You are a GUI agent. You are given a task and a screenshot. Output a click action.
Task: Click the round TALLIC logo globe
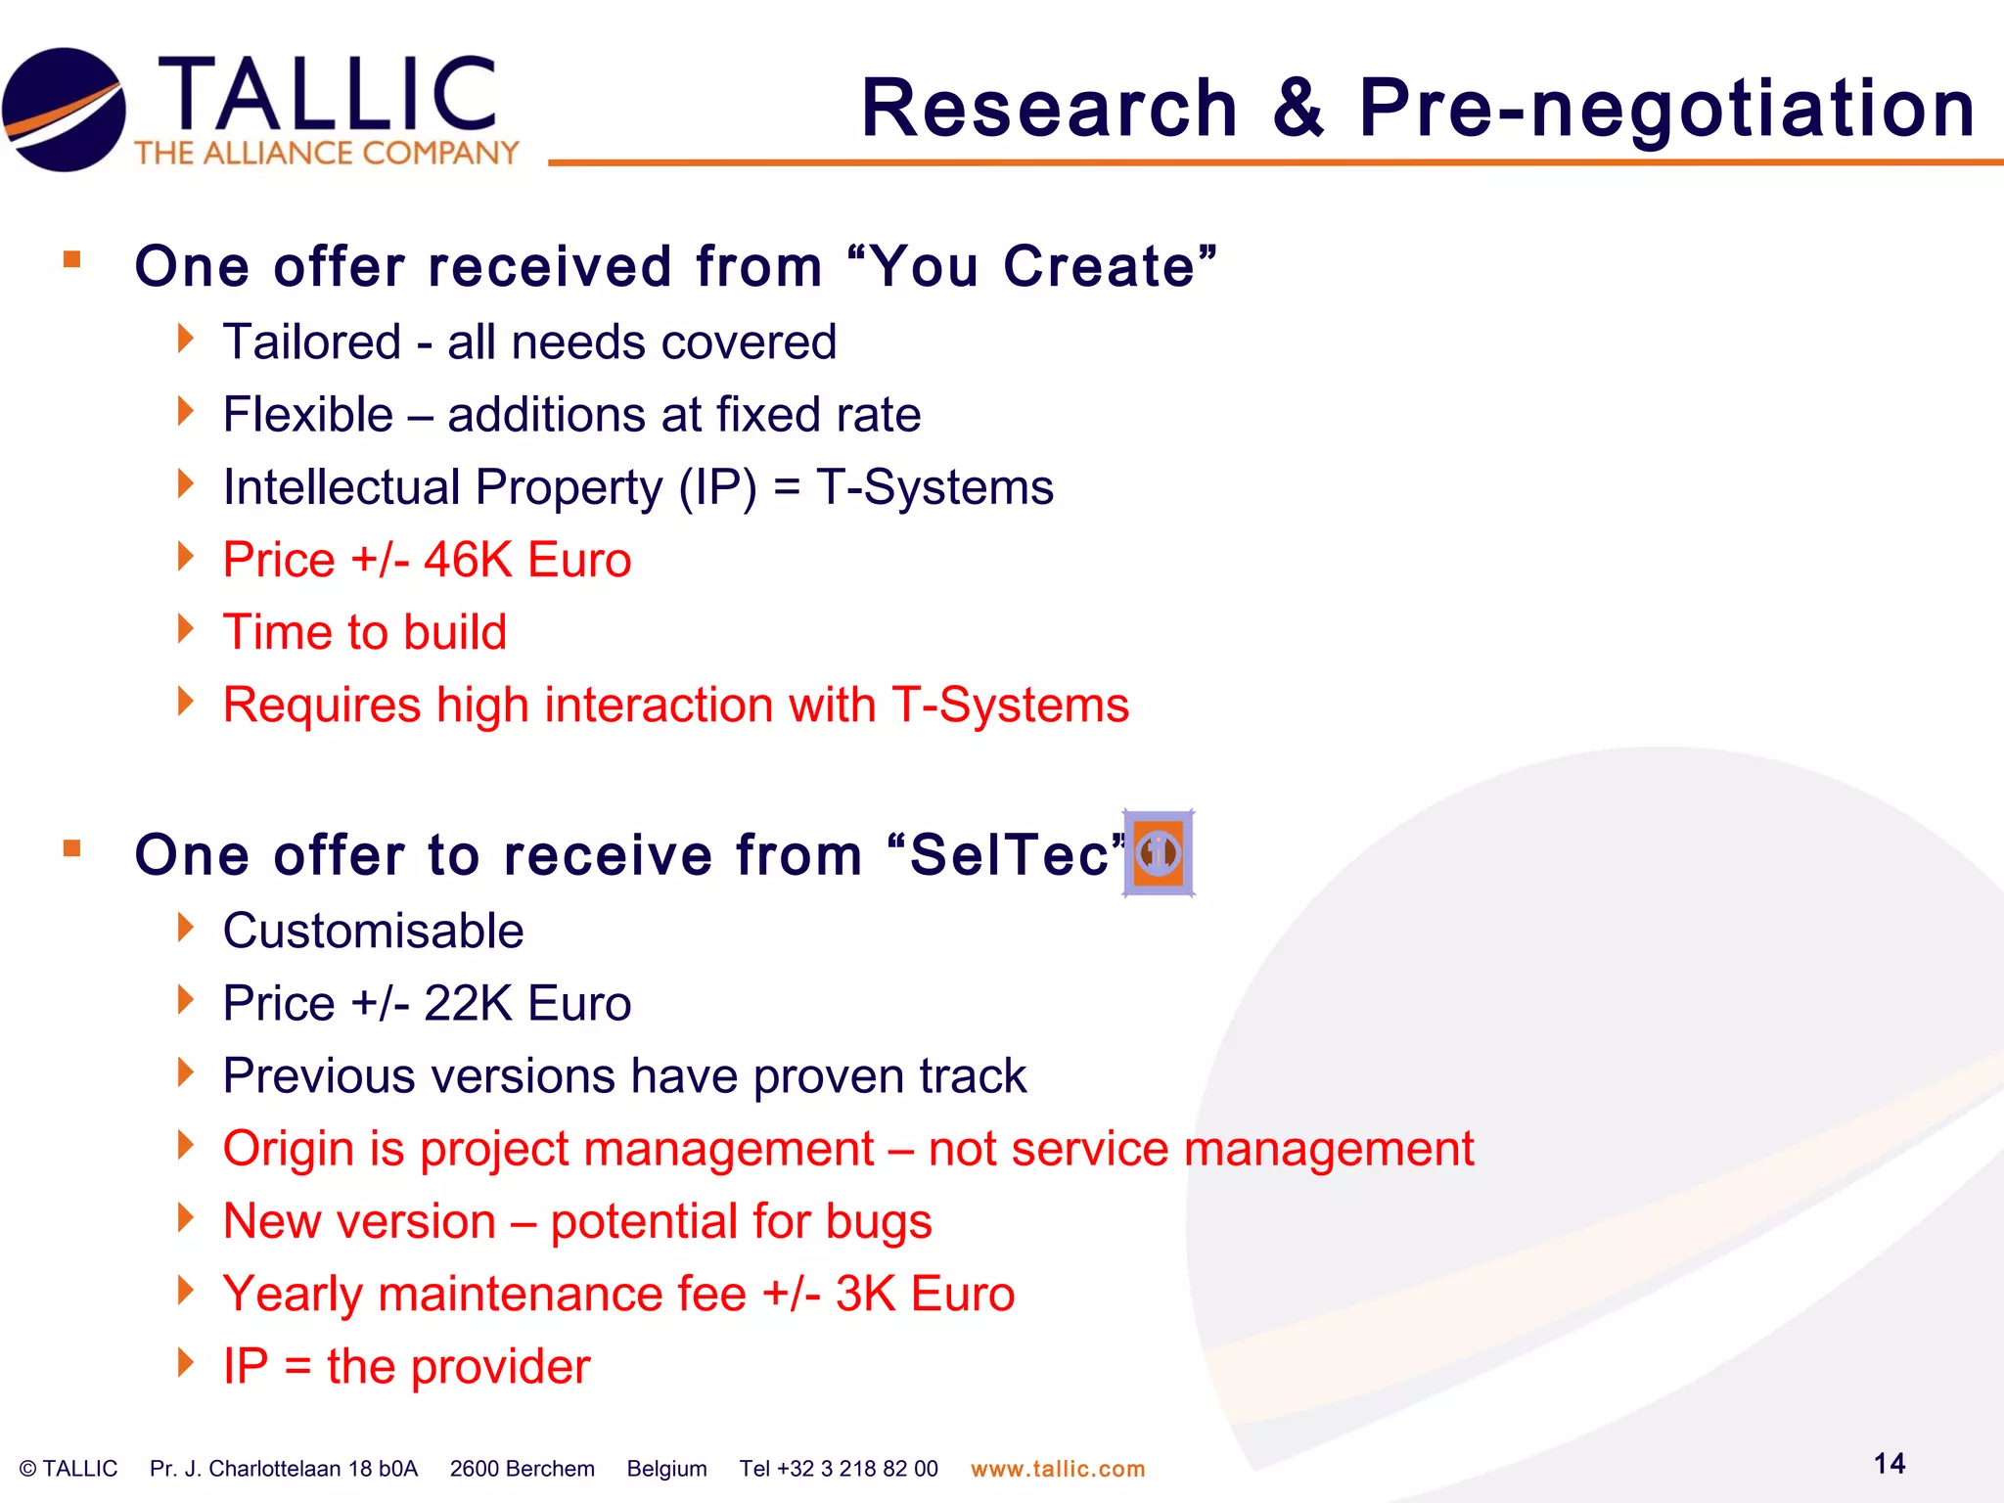(x=65, y=110)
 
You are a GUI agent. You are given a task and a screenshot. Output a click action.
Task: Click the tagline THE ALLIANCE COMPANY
(x=327, y=154)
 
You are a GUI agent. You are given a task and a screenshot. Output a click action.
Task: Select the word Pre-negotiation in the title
(x=1666, y=110)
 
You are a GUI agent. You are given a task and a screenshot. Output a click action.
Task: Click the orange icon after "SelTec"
(x=1159, y=853)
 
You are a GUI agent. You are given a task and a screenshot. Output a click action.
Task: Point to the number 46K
(x=468, y=561)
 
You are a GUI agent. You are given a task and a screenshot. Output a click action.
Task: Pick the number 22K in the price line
(x=468, y=1004)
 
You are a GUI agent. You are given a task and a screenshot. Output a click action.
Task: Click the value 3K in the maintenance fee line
(x=865, y=1295)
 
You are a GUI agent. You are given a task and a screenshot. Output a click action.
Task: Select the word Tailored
(x=312, y=342)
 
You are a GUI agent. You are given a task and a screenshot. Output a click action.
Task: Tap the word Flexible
(x=307, y=415)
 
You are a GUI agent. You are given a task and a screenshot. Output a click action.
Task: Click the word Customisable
(x=373, y=931)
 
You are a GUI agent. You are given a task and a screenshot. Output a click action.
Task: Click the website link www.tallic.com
(x=1057, y=1469)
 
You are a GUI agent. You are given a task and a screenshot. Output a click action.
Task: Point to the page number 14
(x=1889, y=1464)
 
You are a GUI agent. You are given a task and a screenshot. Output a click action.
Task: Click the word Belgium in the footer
(x=666, y=1469)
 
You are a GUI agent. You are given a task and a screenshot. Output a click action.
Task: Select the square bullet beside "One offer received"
(x=71, y=259)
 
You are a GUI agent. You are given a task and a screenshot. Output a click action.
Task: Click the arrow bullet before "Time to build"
(x=186, y=629)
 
